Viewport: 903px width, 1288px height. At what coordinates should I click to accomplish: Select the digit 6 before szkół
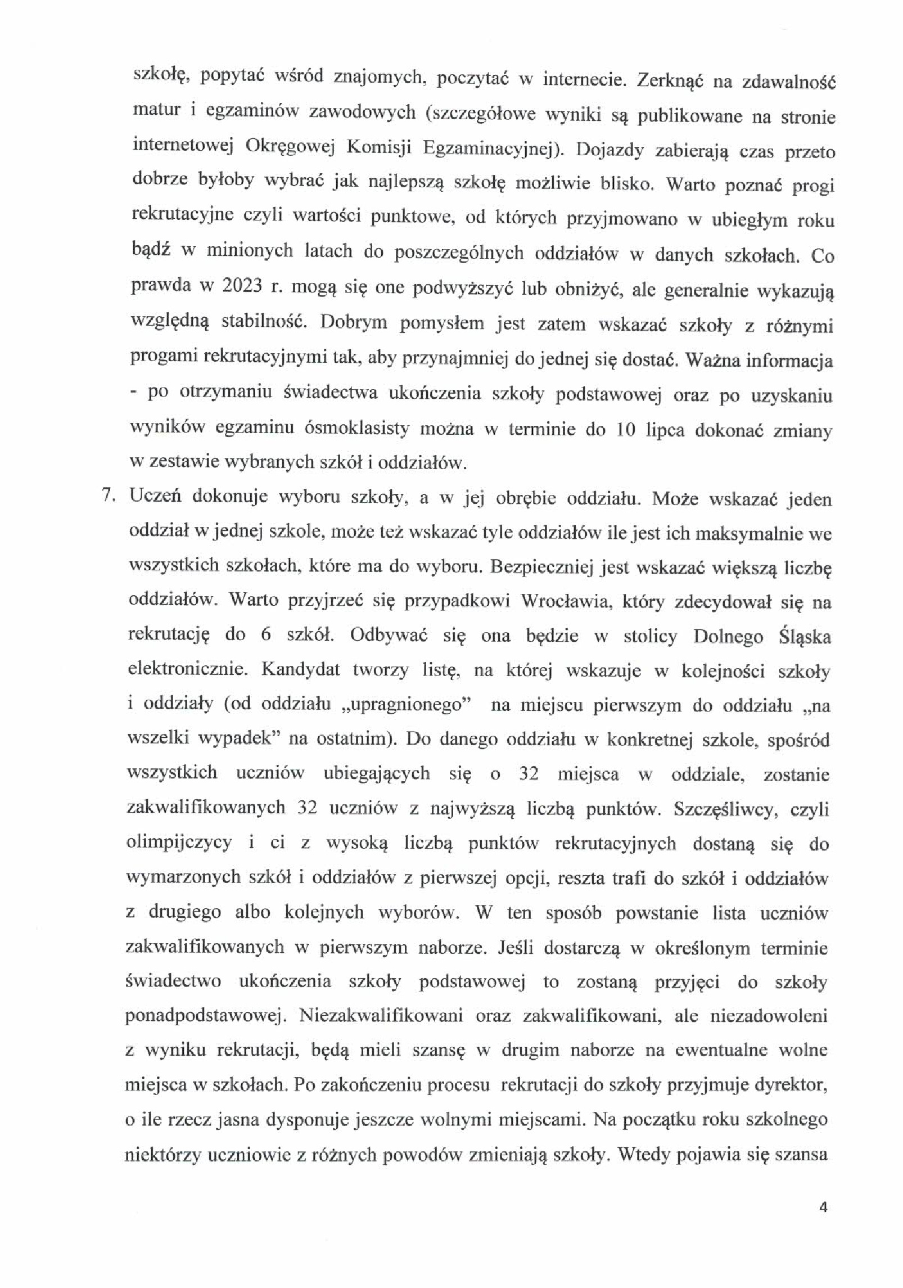tap(266, 635)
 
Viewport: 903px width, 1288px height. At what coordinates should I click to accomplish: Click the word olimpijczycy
tap(179, 843)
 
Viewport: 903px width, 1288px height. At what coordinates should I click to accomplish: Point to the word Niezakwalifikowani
tap(381, 1016)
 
